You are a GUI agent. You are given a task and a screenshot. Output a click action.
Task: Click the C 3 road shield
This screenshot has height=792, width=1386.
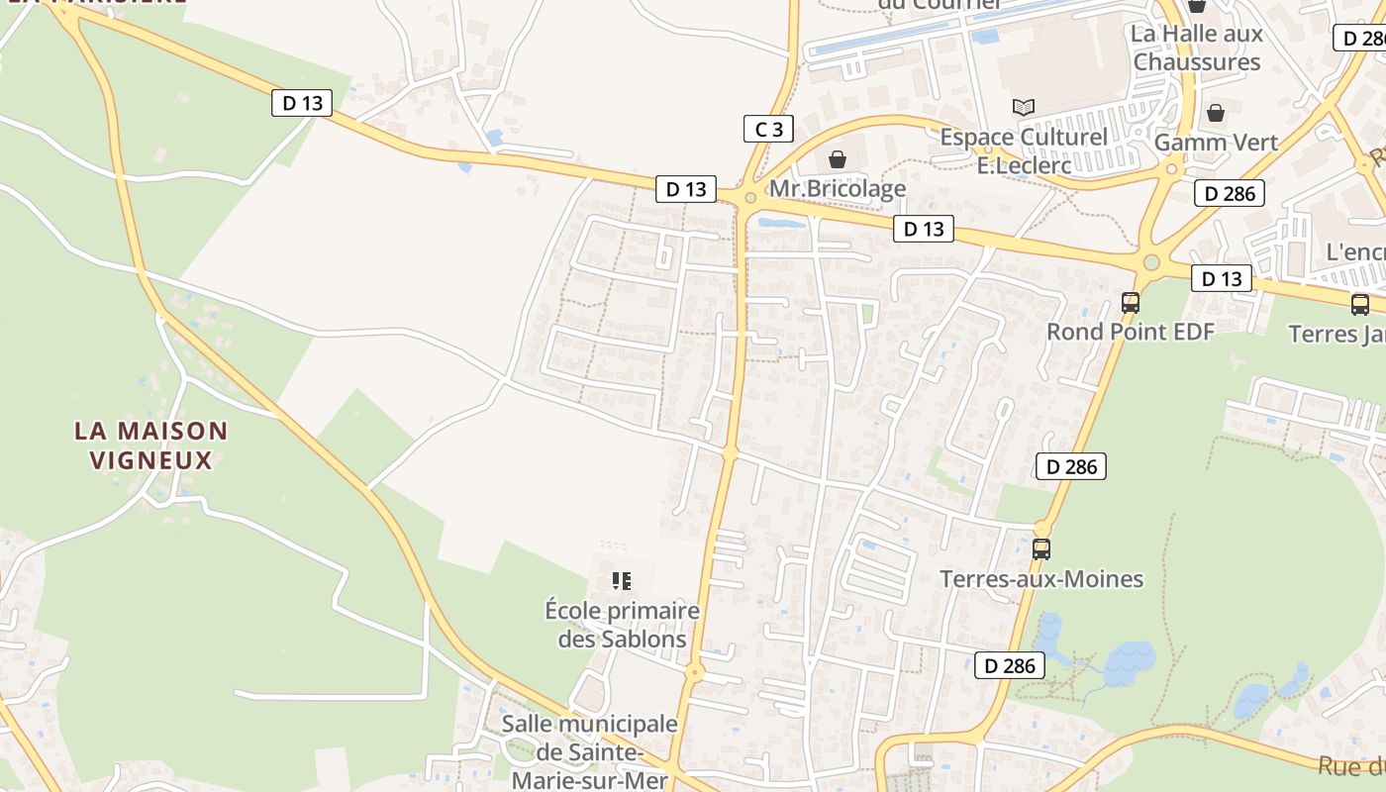[768, 129]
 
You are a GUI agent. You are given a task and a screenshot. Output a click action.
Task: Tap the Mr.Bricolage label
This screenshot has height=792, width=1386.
[838, 188]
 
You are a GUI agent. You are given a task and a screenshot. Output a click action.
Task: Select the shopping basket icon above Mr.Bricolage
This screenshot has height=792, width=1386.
[838, 158]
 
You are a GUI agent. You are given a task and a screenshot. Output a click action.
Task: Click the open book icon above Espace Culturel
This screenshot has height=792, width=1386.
[1024, 107]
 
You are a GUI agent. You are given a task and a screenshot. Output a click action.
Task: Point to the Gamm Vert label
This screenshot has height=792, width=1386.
[1216, 143]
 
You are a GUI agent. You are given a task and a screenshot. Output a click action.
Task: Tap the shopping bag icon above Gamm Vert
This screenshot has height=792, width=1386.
[1216, 113]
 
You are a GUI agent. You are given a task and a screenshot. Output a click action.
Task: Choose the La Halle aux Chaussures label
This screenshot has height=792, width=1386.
[1197, 48]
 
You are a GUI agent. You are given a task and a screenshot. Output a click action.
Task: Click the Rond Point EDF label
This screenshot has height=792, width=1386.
[1130, 332]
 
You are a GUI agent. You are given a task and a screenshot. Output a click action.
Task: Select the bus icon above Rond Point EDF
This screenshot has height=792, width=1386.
[1131, 303]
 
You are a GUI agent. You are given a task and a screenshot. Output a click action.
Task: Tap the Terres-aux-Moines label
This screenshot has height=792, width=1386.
[1041, 579]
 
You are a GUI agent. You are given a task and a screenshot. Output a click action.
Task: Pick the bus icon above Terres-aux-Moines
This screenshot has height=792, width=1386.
[1041, 548]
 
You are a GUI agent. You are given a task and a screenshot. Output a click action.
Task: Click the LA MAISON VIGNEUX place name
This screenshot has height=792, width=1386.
[151, 445]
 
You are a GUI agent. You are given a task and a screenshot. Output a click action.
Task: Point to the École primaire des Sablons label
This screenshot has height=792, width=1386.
[622, 625]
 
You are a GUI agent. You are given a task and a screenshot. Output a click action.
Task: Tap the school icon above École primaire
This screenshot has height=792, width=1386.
[622, 581]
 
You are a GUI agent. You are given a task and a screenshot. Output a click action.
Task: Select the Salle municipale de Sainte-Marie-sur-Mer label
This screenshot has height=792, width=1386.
[590, 751]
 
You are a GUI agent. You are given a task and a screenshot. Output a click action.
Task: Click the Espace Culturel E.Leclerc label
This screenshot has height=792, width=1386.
[1024, 151]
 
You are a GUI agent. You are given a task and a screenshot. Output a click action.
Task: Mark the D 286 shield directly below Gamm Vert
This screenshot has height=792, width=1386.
[1231, 193]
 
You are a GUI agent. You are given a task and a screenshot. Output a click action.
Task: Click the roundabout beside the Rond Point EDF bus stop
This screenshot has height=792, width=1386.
[1150, 262]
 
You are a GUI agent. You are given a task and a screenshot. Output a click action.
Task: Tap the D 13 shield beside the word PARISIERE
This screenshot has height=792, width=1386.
[302, 102]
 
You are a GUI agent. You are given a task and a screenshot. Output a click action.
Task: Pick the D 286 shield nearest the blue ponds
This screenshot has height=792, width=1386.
[1010, 666]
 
